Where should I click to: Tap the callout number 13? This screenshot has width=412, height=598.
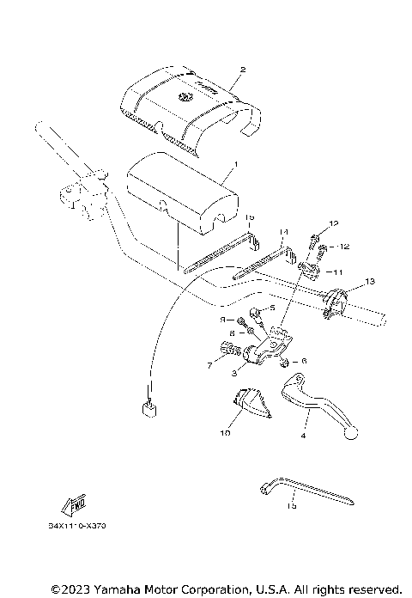(x=369, y=282)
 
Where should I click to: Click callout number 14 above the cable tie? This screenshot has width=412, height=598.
(x=284, y=232)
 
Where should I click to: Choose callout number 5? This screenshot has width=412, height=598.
(x=272, y=308)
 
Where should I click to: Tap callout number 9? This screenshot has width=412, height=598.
(x=221, y=319)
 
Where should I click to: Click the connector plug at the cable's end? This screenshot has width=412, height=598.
(x=148, y=405)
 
